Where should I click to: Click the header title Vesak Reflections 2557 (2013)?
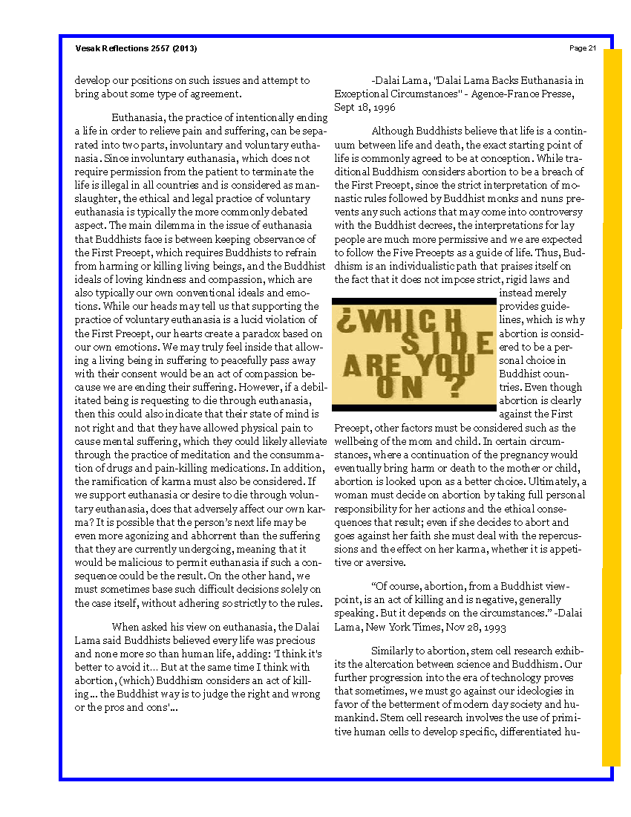click(136, 48)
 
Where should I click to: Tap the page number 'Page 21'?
click(583, 48)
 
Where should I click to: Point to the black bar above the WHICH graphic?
click(413, 300)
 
